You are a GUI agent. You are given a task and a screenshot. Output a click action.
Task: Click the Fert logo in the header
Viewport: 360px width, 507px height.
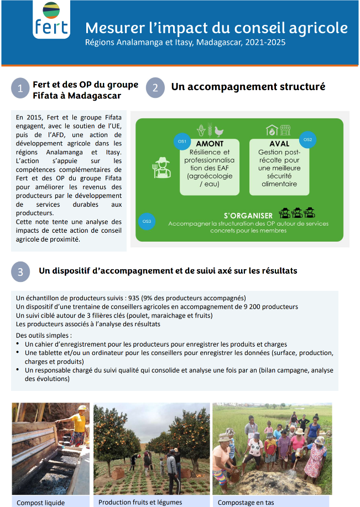tap(51, 20)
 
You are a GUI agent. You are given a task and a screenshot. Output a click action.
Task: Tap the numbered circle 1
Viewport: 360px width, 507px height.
tap(20, 88)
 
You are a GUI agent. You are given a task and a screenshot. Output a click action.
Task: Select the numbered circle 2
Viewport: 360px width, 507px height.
tap(155, 87)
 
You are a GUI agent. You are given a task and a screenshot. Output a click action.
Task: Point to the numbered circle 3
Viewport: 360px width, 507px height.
tap(20, 271)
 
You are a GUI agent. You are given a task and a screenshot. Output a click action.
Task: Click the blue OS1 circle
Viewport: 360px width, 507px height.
tap(181, 142)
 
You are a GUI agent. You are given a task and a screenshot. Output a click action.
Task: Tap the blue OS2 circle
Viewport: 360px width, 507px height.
tap(307, 139)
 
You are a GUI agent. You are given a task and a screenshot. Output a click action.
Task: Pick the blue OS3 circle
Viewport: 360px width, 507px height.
tap(147, 221)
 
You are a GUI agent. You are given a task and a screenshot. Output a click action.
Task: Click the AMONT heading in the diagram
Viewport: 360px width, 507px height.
tap(210, 144)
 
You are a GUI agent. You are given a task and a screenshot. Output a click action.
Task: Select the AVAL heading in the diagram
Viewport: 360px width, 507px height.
tap(279, 143)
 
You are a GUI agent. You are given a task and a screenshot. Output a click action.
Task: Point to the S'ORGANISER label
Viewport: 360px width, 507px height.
tap(248, 216)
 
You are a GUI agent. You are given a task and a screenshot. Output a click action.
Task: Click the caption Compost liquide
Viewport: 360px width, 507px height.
tap(40, 503)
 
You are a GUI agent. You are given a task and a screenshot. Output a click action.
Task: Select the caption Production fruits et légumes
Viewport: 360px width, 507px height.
tap(140, 502)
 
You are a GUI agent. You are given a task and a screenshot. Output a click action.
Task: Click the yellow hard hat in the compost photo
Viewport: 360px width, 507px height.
tap(82, 408)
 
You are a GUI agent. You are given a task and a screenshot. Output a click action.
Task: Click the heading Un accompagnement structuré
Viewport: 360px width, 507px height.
tap(248, 86)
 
